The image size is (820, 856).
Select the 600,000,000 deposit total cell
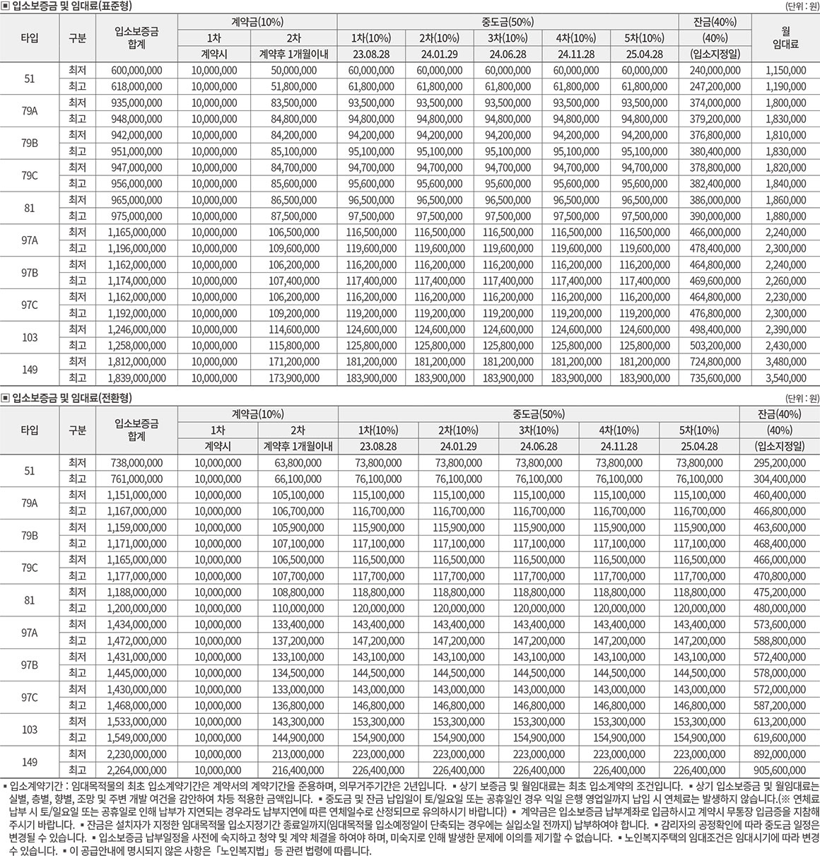tap(137, 70)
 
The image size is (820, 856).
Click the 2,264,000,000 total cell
tap(136, 770)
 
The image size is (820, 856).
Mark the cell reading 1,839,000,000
tap(137, 378)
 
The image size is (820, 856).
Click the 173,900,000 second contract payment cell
tap(293, 378)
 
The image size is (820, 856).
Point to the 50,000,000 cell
tap(293, 70)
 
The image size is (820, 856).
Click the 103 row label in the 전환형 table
tap(29, 729)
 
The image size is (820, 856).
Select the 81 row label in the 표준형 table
tap(29, 209)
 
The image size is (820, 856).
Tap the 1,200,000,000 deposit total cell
tap(136, 607)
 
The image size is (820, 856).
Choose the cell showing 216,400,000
tap(298, 770)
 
